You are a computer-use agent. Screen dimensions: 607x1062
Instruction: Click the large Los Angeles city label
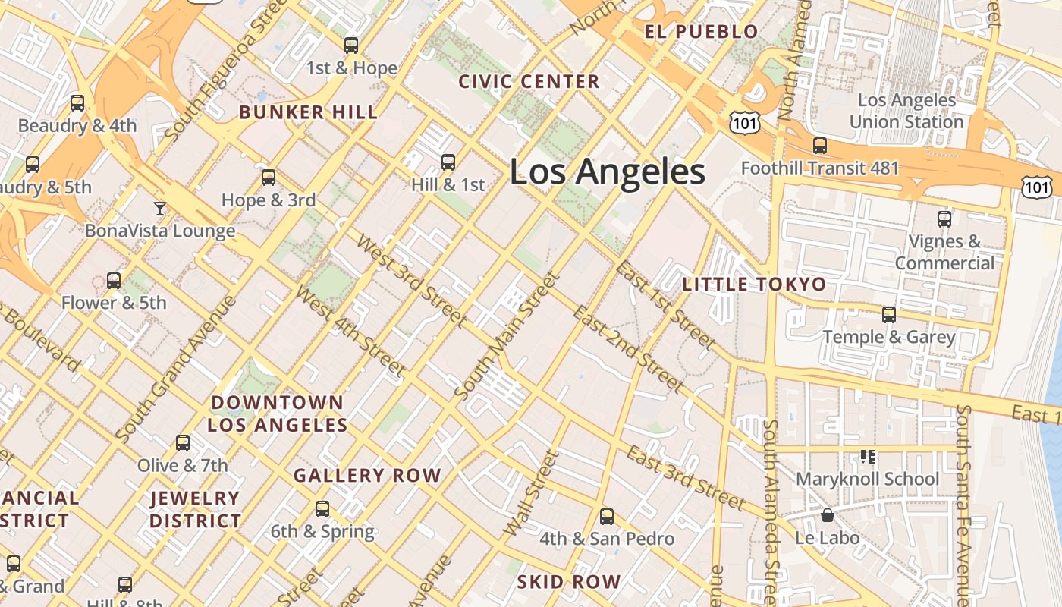pos(607,172)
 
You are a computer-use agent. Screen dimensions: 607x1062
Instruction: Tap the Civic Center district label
pos(529,81)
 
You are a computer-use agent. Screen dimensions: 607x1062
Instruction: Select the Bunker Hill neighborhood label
pos(308,112)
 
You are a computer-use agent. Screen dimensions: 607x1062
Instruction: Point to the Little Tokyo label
pos(754,285)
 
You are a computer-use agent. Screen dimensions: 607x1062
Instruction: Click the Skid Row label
pos(569,582)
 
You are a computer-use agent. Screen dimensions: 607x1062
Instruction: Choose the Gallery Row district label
pos(367,476)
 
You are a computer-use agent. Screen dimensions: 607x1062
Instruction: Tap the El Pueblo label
pos(701,31)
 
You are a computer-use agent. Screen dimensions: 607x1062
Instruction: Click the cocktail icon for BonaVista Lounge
pos(160,208)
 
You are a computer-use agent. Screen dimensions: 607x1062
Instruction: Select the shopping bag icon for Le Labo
pos(828,515)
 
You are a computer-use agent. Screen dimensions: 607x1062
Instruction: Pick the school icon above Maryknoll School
pos(868,456)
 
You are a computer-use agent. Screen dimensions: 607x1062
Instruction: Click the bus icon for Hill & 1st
pos(448,162)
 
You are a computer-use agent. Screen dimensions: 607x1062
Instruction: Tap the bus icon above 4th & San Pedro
pos(607,517)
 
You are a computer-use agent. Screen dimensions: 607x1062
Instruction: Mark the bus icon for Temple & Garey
pos(889,314)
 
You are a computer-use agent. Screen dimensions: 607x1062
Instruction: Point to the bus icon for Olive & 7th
pos(183,443)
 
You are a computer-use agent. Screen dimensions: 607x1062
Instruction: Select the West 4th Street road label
pos(350,331)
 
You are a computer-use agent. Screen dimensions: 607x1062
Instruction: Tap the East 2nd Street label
pos(627,350)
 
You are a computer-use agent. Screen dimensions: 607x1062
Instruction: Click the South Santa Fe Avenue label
pos(964,501)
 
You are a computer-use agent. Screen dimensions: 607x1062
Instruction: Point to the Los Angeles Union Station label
pos(906,111)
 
